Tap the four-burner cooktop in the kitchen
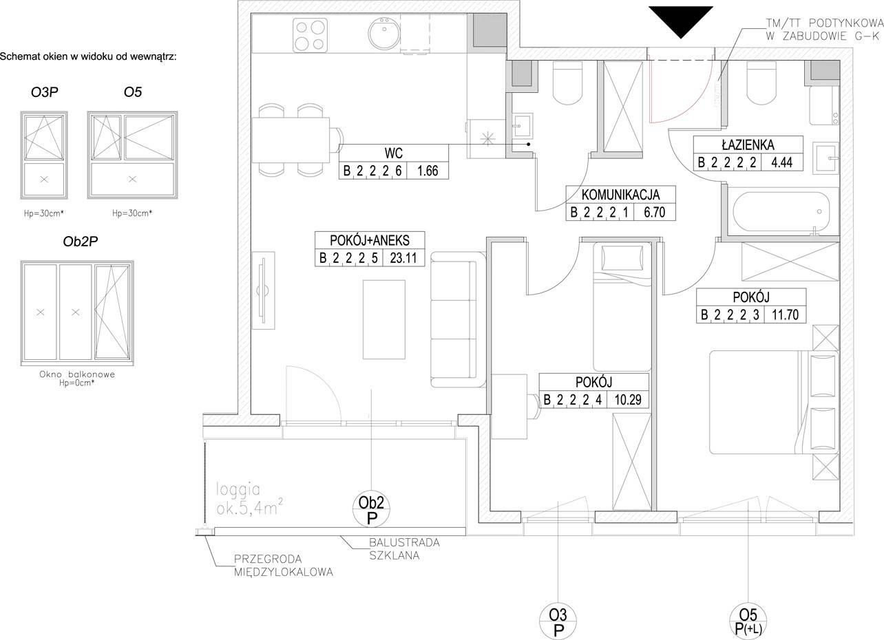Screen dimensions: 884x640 point(311,35)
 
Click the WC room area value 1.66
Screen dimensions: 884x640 point(428,171)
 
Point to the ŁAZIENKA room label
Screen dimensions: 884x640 point(748,145)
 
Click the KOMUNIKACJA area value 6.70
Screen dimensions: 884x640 point(654,212)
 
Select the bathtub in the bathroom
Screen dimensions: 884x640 point(781,212)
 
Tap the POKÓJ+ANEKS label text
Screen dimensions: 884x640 point(370,240)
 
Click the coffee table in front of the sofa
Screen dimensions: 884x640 point(384,319)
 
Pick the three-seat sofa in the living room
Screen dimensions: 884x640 point(458,319)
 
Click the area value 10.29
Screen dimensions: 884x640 point(628,400)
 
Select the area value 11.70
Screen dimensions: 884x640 point(785,314)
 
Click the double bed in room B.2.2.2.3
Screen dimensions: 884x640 point(774,402)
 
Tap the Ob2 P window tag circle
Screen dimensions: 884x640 point(371,510)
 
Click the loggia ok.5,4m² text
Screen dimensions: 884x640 point(249,500)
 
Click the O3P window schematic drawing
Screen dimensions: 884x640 point(44,155)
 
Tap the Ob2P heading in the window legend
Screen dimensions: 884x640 point(80,242)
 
